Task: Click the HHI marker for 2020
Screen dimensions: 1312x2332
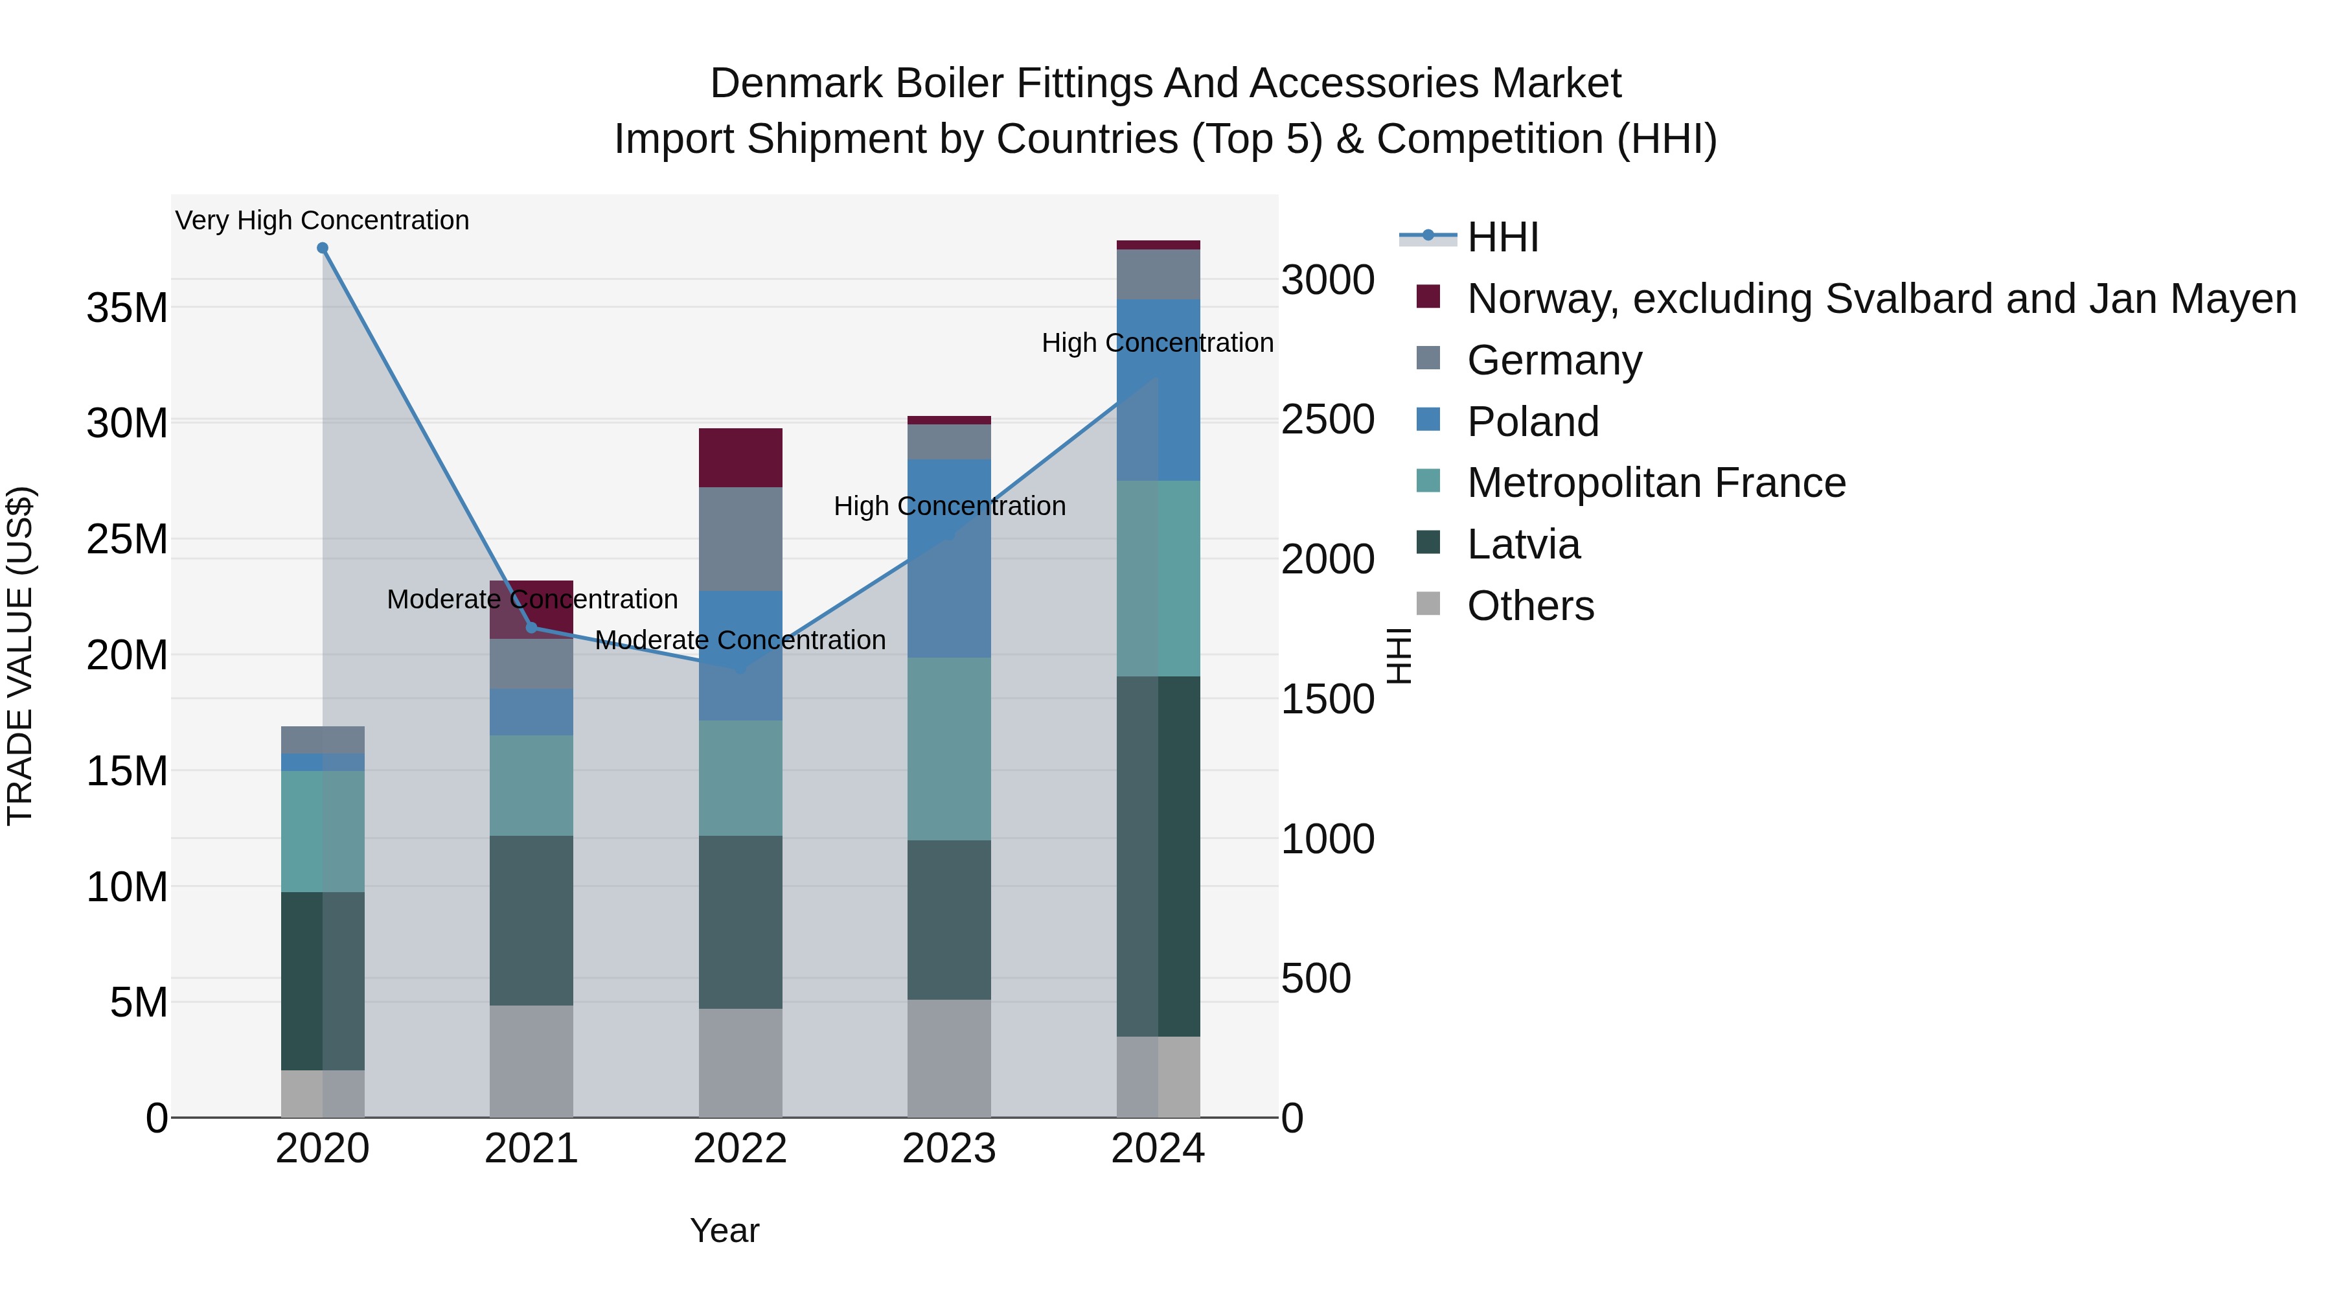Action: (x=323, y=248)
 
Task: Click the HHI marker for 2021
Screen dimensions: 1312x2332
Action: (x=531, y=627)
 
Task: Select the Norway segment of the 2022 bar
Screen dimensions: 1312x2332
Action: (x=740, y=457)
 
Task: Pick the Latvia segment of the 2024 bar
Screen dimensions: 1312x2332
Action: (x=1158, y=856)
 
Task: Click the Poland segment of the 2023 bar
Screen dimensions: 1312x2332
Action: (x=949, y=558)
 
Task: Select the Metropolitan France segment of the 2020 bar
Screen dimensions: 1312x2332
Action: (x=323, y=831)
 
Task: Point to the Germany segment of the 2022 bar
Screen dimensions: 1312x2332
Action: (x=740, y=539)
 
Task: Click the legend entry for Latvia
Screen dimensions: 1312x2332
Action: (x=1523, y=544)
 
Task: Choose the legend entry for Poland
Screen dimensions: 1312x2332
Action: (x=1532, y=422)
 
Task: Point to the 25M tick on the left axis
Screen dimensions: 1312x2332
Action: (x=127, y=540)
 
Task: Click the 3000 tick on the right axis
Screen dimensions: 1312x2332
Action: (x=1327, y=280)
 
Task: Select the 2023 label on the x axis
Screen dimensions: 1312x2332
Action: (x=949, y=1149)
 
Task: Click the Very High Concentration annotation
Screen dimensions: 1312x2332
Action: (x=323, y=220)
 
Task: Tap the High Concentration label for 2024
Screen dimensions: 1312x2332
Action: (x=1157, y=343)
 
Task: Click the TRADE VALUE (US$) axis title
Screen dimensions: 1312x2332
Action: (x=20, y=656)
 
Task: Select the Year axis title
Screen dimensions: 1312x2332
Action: (x=724, y=1230)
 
